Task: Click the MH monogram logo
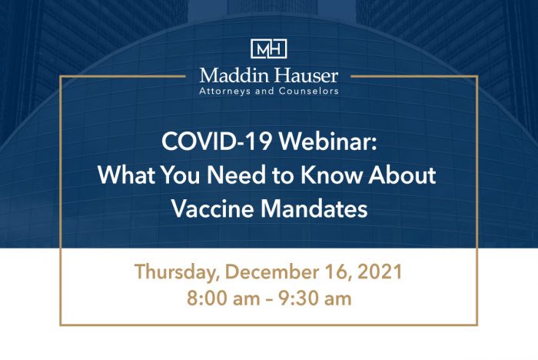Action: tap(268, 48)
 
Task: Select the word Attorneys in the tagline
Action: tap(227, 90)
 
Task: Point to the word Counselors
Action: tap(308, 90)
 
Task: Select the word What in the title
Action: tap(123, 175)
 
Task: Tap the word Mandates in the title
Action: tap(318, 208)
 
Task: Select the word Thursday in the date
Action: tap(174, 272)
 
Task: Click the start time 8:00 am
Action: tap(218, 298)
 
